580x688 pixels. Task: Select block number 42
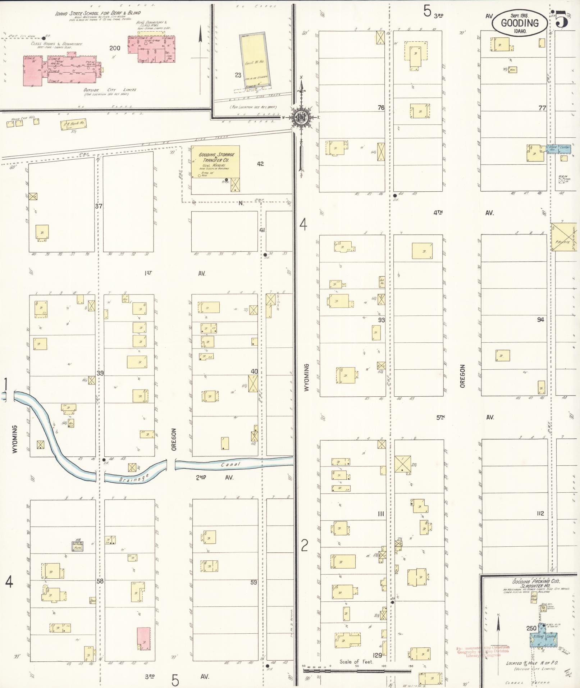coord(260,164)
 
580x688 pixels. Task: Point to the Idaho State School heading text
coord(97,13)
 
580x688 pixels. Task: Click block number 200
coord(115,48)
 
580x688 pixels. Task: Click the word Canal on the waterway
coord(230,464)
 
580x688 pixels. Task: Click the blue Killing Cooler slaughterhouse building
coord(543,636)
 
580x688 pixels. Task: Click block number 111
coord(381,514)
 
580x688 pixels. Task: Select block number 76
coord(381,108)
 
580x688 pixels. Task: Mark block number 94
coord(540,319)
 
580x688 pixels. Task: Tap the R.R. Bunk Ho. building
coord(74,124)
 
